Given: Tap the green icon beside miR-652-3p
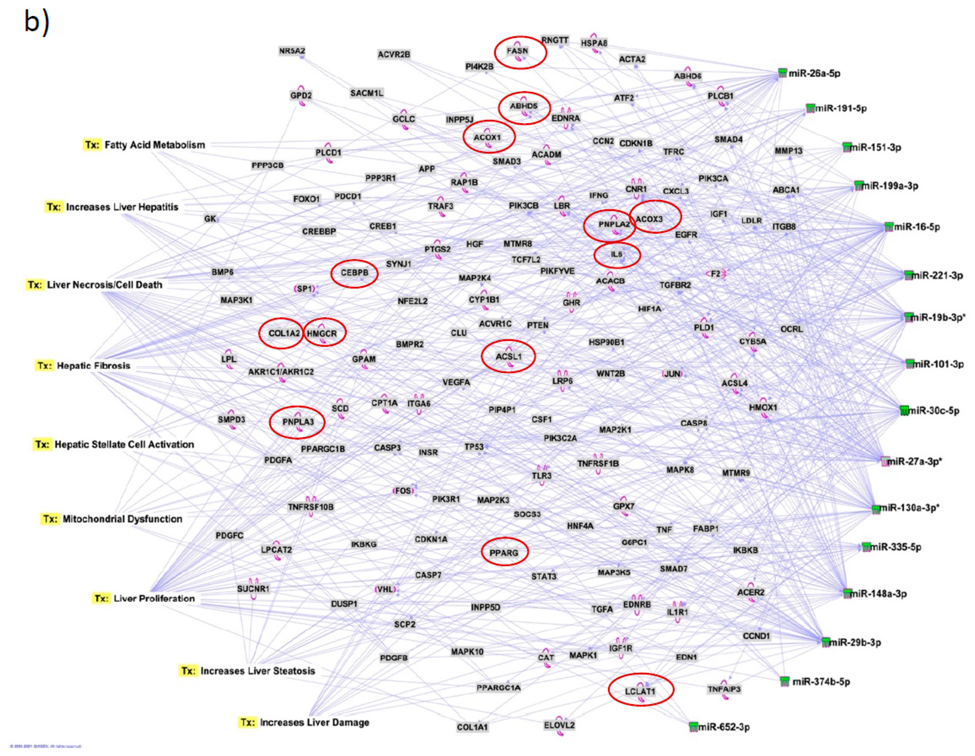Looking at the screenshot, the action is coord(693,726).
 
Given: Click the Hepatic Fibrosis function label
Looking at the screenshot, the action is coord(93,365).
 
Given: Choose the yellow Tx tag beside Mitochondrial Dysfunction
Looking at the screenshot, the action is coord(50,519).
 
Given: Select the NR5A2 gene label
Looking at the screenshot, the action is coord(292,51).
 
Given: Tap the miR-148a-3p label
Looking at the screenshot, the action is coord(878,594).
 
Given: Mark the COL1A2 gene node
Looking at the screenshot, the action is coord(284,333).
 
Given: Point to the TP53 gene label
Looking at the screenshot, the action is coord(474,447).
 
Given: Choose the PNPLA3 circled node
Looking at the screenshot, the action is coord(298,422).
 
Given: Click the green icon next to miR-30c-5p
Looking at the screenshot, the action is coord(904,410).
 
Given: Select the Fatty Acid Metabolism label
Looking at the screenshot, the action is coord(154,145).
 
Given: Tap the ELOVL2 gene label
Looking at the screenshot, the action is coord(559,725).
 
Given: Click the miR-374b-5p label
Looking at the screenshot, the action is coord(821,682).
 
